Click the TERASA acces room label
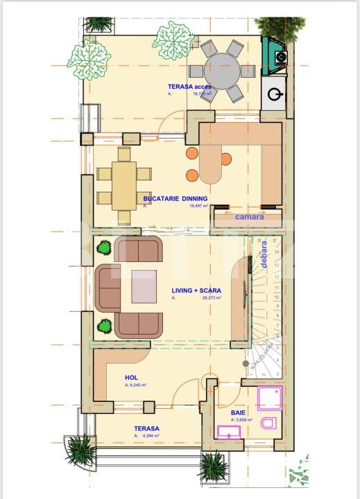(x=189, y=87)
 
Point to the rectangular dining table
(x=124, y=183)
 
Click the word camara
(x=248, y=216)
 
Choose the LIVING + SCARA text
(x=196, y=291)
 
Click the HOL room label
(x=132, y=377)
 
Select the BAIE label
(x=239, y=412)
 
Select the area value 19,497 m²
(x=201, y=206)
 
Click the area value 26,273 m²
(x=211, y=298)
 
